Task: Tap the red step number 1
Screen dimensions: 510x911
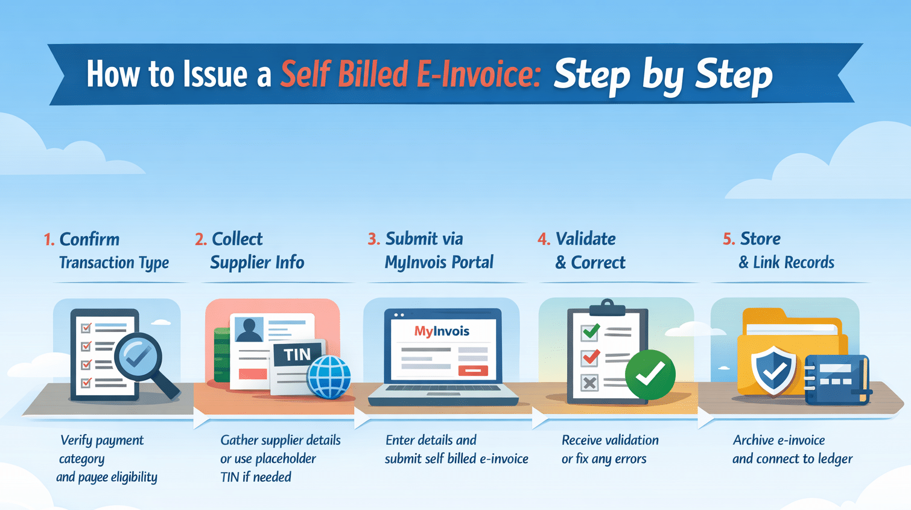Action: [48, 240]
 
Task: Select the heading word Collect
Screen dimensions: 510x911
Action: [237, 239]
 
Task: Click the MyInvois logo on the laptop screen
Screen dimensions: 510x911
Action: [442, 331]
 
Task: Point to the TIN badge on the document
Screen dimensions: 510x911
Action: [297, 354]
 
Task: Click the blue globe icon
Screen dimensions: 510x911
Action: [329, 377]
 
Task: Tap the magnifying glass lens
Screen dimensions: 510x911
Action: [138, 356]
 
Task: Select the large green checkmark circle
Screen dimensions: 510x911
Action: [650, 374]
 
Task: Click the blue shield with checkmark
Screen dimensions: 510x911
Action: [773, 369]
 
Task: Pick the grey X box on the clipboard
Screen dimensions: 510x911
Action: [589, 382]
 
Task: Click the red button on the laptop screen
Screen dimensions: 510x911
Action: [473, 370]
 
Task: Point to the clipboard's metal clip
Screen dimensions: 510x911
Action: [608, 307]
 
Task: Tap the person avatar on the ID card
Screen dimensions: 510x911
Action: [249, 330]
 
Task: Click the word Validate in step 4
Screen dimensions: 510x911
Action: [585, 239]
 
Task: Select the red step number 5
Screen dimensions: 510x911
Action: [728, 240]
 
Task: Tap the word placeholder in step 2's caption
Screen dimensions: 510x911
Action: [284, 459]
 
